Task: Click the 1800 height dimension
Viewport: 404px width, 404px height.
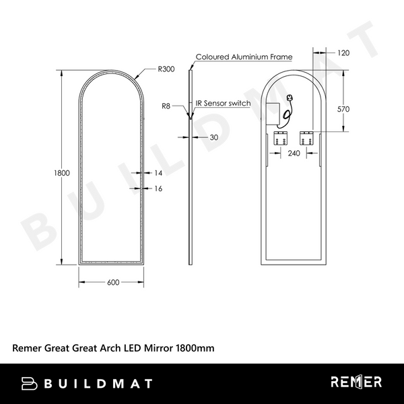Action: pos(62,173)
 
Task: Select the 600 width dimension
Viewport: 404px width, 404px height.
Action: pos(112,283)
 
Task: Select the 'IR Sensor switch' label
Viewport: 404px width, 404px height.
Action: pos(223,104)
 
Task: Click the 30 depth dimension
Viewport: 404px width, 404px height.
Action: pos(214,137)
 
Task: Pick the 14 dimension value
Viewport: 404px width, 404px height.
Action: pos(158,173)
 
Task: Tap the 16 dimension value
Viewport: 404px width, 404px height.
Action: pos(158,189)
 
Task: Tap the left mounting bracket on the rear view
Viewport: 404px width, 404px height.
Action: pos(280,138)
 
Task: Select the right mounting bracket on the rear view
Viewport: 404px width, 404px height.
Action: pos(306,138)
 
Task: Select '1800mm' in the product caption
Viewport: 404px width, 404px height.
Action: pos(195,348)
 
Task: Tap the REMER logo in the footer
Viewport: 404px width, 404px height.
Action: pos(356,382)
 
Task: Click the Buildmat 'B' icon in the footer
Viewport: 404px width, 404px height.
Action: pos(29,383)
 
